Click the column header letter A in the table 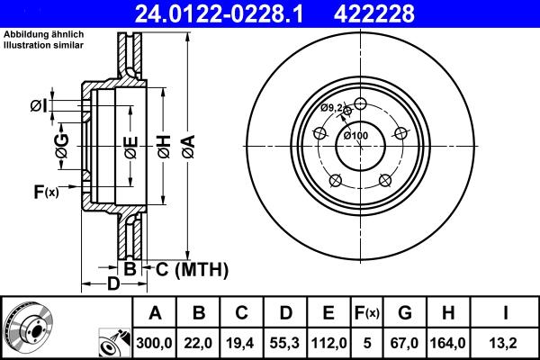pos(154,313)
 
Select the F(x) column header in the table pos(366,313)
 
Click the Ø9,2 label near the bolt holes pos(332,108)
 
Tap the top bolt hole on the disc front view pos(361,102)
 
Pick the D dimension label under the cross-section pos(112,285)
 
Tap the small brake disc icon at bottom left pos(27,328)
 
